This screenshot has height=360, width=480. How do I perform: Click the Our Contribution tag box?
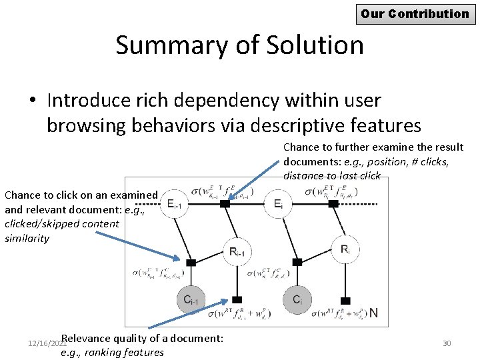coord(415,13)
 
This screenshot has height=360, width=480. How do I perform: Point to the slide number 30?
coord(447,343)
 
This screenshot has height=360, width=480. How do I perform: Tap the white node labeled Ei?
coord(279,203)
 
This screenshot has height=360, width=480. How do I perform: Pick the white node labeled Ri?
coord(345,249)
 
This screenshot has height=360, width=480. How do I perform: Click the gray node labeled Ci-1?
coord(191,299)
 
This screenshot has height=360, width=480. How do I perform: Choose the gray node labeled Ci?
coord(297,299)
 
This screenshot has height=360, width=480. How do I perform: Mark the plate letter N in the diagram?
coord(374,312)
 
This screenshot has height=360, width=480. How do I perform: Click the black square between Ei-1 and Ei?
coord(225,203)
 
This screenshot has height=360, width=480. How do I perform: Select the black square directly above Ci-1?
coord(191,263)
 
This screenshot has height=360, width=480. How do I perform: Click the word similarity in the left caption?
coord(27,238)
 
